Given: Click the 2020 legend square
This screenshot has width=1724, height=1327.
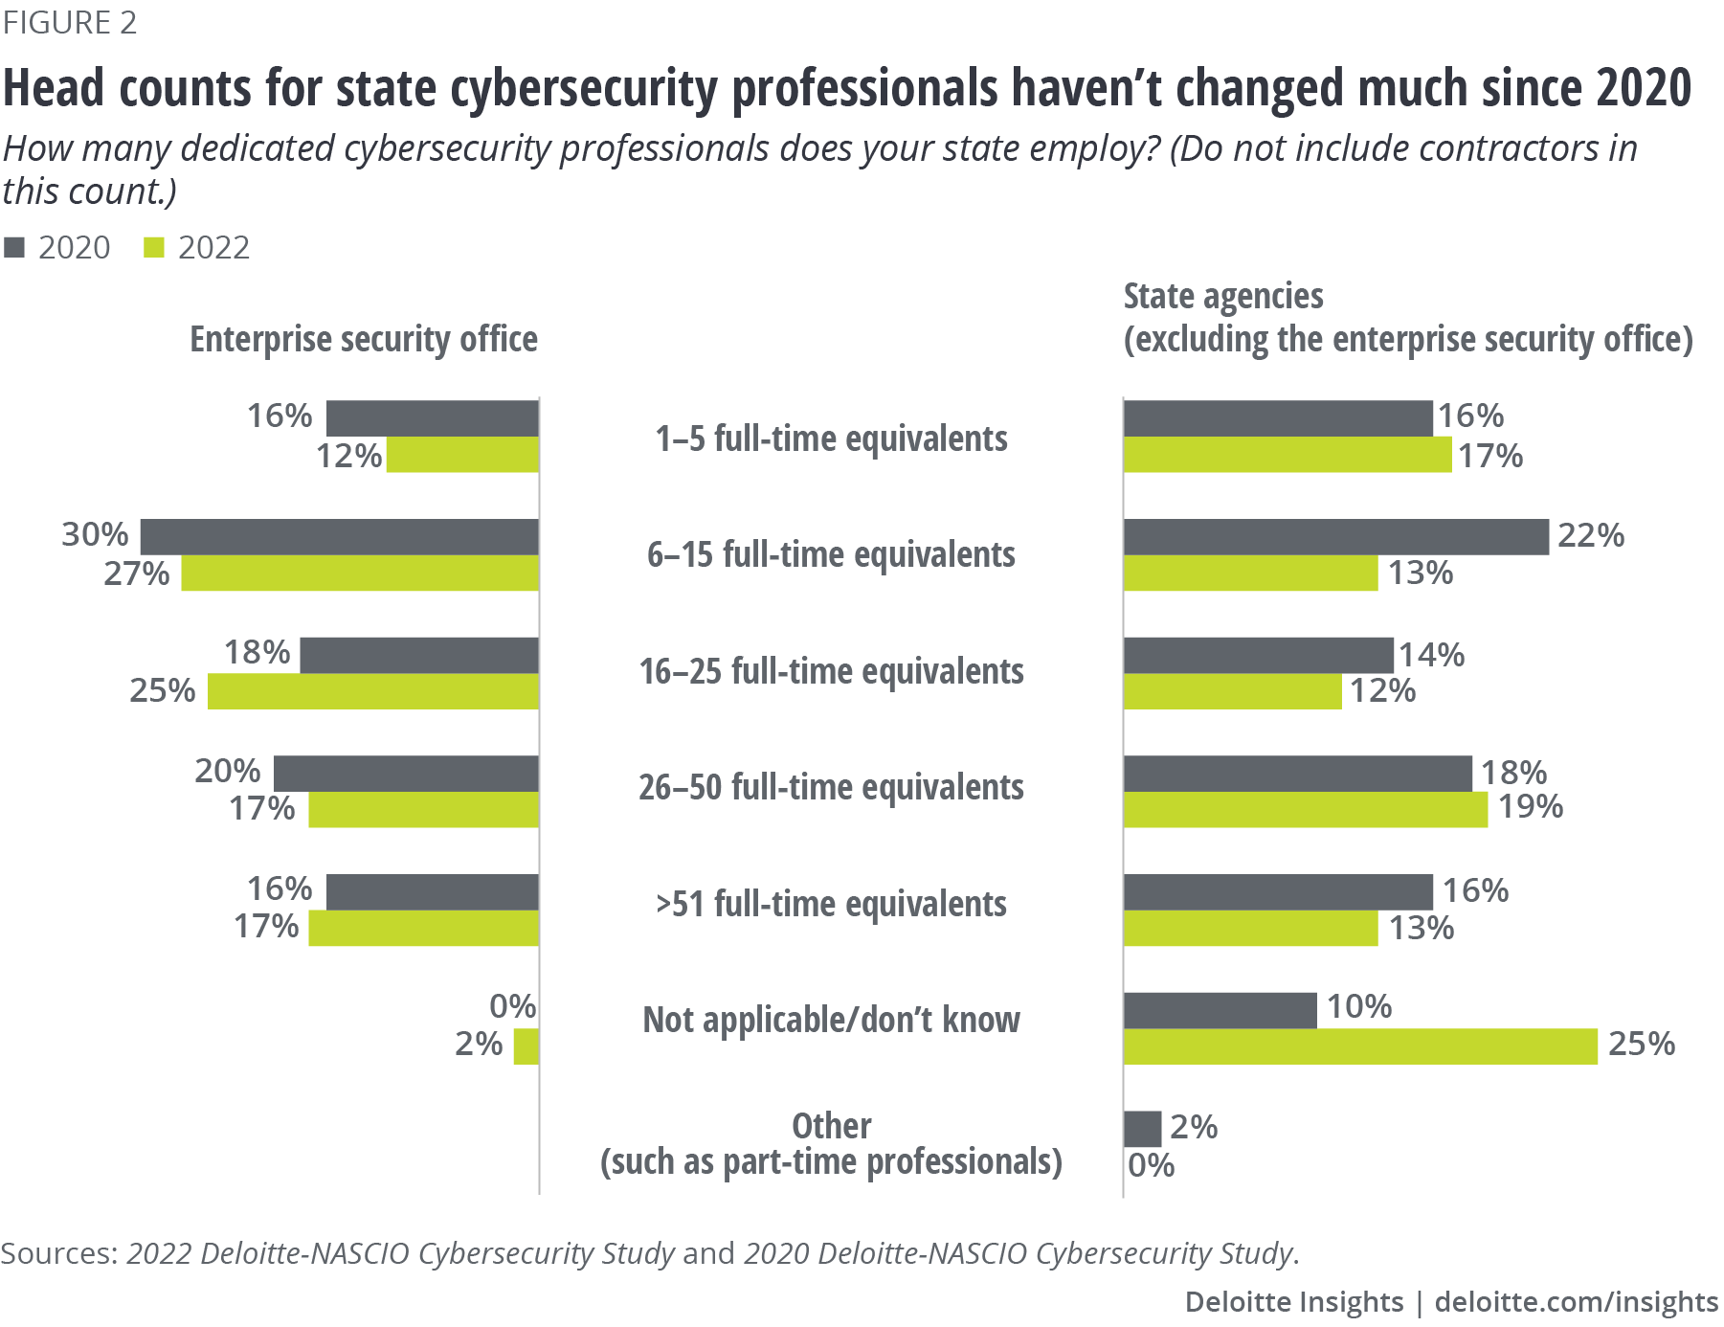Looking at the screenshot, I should tap(14, 248).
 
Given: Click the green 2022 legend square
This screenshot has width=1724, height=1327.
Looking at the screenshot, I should tap(153, 248).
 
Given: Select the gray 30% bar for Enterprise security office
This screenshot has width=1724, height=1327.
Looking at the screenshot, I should tap(339, 536).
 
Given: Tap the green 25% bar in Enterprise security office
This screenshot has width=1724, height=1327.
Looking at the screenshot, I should tap(372, 691).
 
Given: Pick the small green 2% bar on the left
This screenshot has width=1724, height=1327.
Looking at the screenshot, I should tap(526, 1046).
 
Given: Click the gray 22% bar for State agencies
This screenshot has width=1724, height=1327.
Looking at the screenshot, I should tap(1335, 536).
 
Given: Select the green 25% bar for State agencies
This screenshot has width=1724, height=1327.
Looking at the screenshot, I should tap(1359, 1046).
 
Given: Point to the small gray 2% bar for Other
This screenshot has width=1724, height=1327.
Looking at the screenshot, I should tap(1142, 1129).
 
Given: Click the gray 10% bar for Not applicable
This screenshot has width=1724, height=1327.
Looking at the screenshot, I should tap(1220, 1010).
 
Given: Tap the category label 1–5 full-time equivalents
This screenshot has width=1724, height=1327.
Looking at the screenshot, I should tap(831, 439).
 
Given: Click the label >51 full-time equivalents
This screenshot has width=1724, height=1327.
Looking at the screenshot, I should tap(831, 904).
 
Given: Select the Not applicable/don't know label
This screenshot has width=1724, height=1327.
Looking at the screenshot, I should tap(831, 1020).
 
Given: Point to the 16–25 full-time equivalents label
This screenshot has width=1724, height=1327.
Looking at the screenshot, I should tap(831, 671).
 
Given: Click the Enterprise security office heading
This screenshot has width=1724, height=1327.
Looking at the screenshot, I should tap(364, 340).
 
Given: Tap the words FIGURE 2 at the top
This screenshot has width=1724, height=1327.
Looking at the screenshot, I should tap(70, 22).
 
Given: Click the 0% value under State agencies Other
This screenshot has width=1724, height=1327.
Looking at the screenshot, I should tap(1151, 1165).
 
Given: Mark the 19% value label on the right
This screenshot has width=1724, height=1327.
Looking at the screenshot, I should tap(1530, 807).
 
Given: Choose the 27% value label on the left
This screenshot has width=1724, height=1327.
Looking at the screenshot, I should tap(137, 574).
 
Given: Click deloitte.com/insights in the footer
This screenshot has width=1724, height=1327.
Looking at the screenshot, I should tap(1576, 1302).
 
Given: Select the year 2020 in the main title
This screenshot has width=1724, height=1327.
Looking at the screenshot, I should tap(1644, 88).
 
